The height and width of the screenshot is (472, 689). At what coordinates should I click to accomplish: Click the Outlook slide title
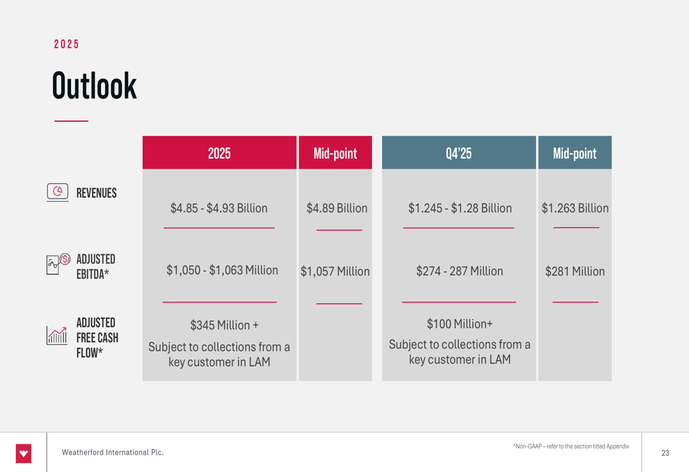pos(94,86)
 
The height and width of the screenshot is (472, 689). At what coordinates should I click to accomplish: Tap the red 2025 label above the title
pos(67,44)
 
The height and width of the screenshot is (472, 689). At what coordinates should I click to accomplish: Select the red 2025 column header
pos(219,153)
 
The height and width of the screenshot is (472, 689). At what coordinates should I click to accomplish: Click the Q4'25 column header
pos(459,153)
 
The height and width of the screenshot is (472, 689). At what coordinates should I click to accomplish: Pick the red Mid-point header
pos(335,153)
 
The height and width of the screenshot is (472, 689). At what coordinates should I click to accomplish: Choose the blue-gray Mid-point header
pos(575,153)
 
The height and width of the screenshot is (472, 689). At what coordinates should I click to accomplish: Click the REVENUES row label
pos(96,193)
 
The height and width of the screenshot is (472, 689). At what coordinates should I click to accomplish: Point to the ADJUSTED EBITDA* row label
pos(95,267)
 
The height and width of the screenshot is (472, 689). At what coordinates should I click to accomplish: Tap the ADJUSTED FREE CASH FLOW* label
pos(96,338)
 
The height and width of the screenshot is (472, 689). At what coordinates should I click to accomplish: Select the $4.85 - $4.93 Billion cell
pos(219,208)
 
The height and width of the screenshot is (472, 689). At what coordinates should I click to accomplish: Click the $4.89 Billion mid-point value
pos(337,208)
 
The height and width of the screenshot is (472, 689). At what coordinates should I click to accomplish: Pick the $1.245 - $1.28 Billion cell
pos(460,208)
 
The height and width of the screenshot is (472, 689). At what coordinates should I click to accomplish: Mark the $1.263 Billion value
pos(575,208)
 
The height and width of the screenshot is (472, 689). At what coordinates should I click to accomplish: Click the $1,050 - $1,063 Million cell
pos(222,271)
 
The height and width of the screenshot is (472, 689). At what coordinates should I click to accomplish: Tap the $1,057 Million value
pos(335,271)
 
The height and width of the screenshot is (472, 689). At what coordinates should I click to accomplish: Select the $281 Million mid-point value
pos(575,271)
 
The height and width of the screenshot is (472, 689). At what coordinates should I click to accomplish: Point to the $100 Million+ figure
pos(460,324)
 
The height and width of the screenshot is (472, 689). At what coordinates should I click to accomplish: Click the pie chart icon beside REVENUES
pos(58,191)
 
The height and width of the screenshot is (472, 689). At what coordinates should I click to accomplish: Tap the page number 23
pos(665,453)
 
